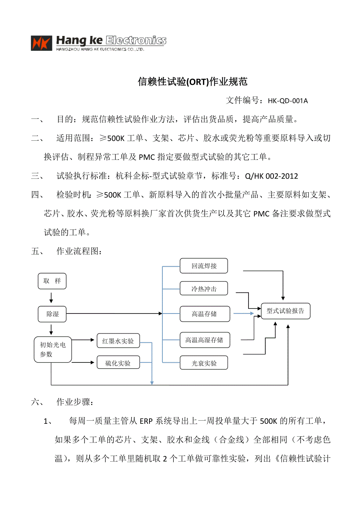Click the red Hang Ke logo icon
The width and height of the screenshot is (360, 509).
coord(41,43)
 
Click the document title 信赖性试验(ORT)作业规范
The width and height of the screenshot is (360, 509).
coord(193,82)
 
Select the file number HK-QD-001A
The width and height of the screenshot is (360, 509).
coord(288,101)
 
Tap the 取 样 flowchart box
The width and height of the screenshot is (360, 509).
coord(52,281)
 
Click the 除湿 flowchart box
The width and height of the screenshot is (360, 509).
coord(52,314)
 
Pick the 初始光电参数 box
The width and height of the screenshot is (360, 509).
coord(52,349)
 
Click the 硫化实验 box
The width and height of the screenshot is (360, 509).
coord(118,363)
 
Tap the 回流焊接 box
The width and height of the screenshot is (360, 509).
coord(204,266)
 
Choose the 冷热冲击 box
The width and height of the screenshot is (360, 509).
coord(204,290)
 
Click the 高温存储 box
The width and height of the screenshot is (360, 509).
coord(204,314)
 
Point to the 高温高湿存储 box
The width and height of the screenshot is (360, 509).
coord(204,340)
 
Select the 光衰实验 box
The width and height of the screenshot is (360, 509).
coord(204,363)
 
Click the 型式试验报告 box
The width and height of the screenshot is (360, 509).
coord(285,311)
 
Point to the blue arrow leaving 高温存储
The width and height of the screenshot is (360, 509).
coord(243,314)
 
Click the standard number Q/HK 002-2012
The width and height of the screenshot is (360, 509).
coord(271,176)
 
